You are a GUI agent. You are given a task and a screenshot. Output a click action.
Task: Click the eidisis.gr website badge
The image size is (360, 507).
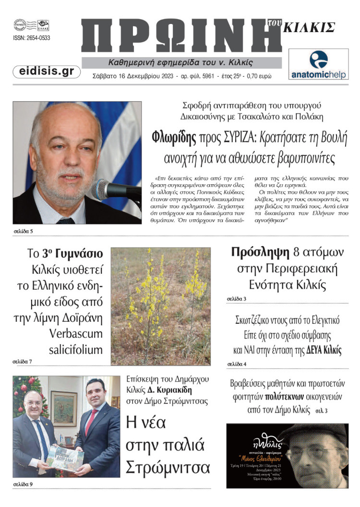click(47, 71)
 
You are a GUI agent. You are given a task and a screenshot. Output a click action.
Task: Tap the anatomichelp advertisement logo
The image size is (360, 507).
click(318, 64)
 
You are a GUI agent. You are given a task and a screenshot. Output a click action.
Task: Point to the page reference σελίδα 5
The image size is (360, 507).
click(23, 231)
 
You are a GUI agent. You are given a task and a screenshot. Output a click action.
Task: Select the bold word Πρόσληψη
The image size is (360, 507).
click(260, 252)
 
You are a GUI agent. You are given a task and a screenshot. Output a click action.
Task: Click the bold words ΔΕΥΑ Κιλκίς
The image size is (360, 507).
click(324, 350)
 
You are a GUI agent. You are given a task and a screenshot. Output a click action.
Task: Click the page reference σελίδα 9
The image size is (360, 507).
click(23, 484)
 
